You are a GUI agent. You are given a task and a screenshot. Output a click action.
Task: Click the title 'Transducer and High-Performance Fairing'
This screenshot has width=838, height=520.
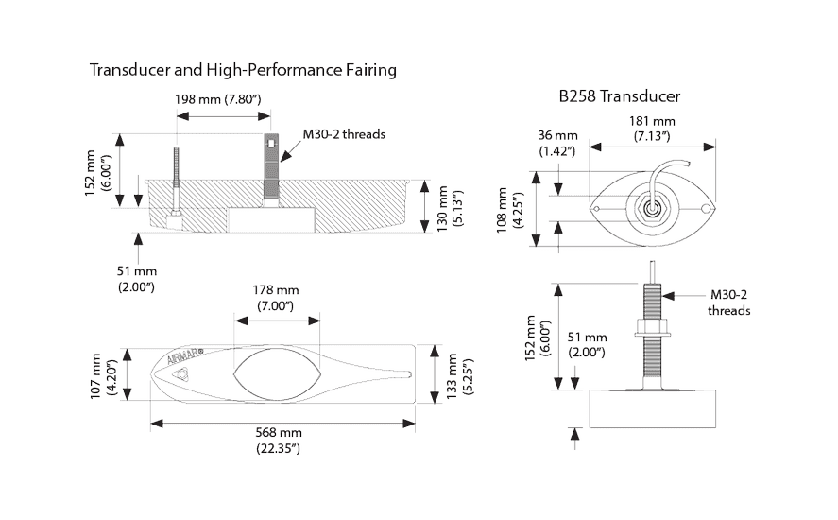click(x=242, y=71)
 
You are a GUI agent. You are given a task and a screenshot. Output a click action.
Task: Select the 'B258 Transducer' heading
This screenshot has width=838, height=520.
click(x=621, y=95)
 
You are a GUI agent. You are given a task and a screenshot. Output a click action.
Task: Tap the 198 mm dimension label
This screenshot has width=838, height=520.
click(x=218, y=98)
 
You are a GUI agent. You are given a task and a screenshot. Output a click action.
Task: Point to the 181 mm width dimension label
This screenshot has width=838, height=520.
click(x=653, y=128)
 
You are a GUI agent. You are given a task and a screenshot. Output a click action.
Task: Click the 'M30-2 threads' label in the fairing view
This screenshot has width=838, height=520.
click(x=343, y=135)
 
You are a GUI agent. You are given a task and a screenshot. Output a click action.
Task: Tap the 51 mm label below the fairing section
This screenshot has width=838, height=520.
click(x=135, y=279)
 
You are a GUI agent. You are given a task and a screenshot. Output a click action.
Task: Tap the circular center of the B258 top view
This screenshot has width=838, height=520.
click(x=649, y=203)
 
